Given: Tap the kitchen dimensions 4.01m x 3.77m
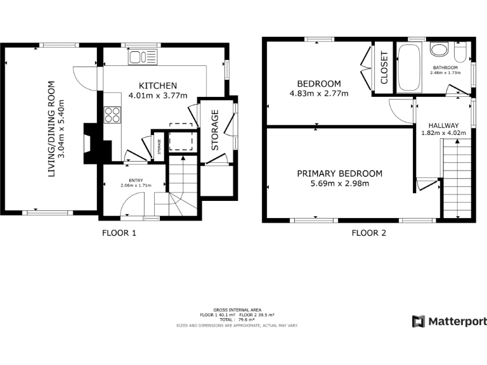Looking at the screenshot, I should click(x=158, y=96).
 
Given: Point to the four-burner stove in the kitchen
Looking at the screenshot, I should click(x=112, y=115).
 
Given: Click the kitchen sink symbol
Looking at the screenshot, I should click(x=143, y=58).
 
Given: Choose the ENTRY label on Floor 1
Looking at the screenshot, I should click(x=136, y=180).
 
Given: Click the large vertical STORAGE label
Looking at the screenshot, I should click(x=215, y=130).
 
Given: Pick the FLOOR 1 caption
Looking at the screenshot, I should click(x=119, y=233).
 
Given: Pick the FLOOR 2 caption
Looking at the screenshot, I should click(x=369, y=233).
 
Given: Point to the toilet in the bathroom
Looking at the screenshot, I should click(x=460, y=51).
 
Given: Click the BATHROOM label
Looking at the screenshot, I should click(x=445, y=67).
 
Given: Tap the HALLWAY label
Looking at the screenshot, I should click(x=443, y=125).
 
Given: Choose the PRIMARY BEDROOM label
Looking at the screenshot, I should click(x=340, y=174).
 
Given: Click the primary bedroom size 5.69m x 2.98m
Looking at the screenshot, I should click(x=340, y=184).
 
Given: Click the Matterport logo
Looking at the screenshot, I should click(x=450, y=321).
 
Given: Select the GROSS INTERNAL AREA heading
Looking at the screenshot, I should click(x=237, y=310).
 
